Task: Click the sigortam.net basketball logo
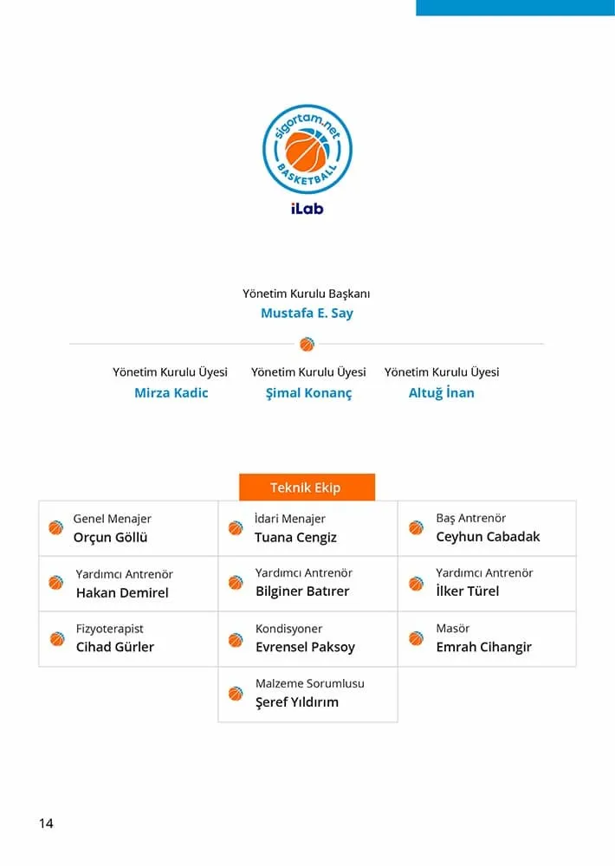307,149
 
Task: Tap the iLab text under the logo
307,209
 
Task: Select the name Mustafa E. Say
307,313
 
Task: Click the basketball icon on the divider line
307,345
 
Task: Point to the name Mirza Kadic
171,393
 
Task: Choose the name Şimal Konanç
308,393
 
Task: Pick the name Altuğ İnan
441,393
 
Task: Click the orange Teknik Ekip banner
307,488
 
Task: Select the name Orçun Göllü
110,538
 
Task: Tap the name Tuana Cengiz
295,538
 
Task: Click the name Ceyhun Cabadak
488,537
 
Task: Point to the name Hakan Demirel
122,593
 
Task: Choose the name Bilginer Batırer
302,592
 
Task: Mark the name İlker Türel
467,591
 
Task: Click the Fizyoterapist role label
109,629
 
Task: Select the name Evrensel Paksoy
305,648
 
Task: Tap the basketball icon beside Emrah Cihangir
417,638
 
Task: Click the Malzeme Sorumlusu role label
309,684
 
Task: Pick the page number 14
46,824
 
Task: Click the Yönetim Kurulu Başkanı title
307,294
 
